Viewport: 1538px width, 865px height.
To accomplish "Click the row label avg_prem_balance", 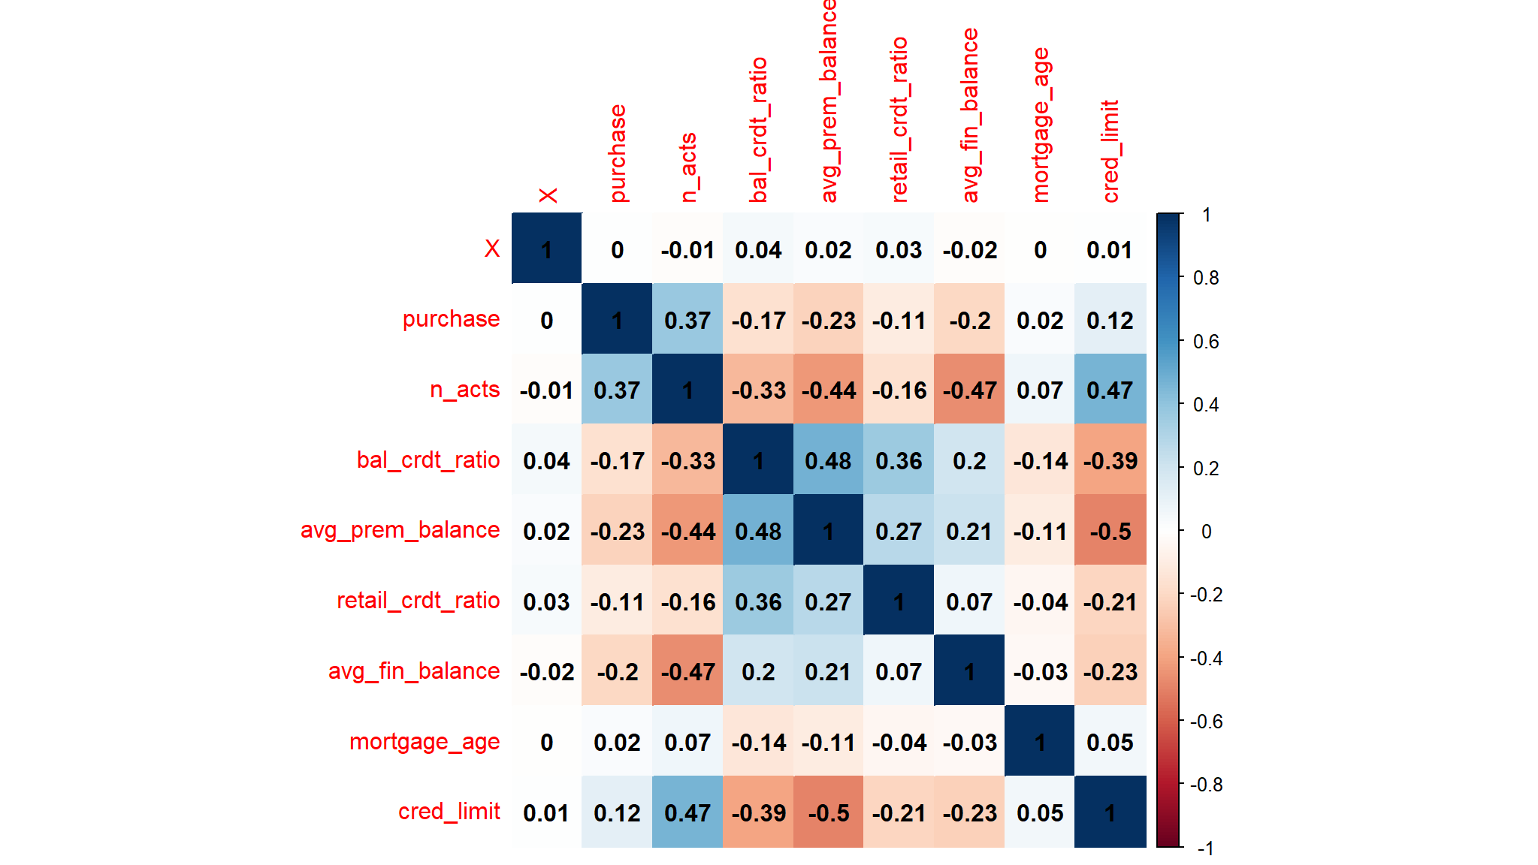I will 400,530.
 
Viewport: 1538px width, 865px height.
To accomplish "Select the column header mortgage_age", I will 1041,125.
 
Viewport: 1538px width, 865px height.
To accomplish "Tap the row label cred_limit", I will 449,812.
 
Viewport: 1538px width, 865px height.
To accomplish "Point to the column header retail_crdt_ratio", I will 899,119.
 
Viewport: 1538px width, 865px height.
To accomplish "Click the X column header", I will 548,195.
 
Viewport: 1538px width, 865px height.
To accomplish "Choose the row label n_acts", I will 464,390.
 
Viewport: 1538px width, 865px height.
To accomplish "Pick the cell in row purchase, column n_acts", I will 687,321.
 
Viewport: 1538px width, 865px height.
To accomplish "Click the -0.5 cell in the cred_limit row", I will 828,813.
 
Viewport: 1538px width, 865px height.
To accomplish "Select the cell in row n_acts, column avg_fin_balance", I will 969,390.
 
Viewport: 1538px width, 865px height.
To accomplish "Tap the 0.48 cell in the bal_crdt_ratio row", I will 828,461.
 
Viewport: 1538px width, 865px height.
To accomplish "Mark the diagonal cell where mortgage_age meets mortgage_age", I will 1040,743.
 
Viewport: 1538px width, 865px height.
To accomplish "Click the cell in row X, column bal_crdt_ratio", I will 758,250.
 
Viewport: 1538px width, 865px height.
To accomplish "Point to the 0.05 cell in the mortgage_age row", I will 1110,743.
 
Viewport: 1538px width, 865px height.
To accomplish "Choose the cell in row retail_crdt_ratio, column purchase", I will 617,602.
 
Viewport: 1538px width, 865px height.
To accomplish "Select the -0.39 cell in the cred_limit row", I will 758,813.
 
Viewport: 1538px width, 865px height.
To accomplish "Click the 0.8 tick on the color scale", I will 1206,279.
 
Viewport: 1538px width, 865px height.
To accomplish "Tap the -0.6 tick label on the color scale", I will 1206,722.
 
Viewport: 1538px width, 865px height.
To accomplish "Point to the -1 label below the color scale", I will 1205,848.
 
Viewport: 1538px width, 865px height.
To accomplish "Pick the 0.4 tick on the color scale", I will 1206,405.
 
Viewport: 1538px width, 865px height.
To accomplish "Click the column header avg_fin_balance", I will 970,115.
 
